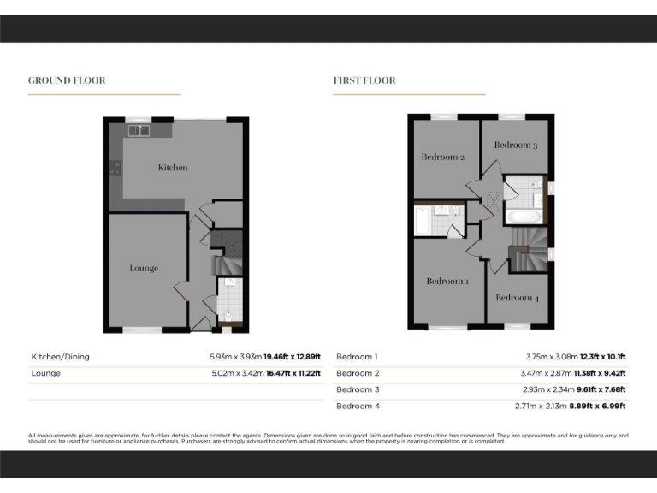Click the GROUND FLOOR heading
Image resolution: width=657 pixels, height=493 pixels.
pyautogui.click(x=67, y=80)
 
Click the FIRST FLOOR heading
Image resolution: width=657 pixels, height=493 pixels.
pyautogui.click(x=364, y=80)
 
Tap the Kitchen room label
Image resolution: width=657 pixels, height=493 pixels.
pyautogui.click(x=173, y=168)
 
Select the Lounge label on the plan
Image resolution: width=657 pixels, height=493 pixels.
pyautogui.click(x=144, y=268)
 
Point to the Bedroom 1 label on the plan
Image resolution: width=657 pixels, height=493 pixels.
pyautogui.click(x=447, y=281)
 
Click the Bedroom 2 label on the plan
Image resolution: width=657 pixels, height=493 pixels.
pyautogui.click(x=443, y=157)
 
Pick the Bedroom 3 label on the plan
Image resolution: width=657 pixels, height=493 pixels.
pyautogui.click(x=516, y=146)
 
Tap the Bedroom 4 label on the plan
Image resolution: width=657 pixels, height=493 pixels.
pyautogui.click(x=518, y=298)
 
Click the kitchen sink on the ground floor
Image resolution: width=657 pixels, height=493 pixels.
pyautogui.click(x=139, y=131)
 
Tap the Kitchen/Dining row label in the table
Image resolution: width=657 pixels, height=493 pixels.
pyautogui.click(x=60, y=357)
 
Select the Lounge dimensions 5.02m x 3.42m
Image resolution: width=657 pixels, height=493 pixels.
pyautogui.click(x=235, y=373)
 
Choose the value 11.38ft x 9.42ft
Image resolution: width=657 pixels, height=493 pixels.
pyautogui.click(x=596, y=373)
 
